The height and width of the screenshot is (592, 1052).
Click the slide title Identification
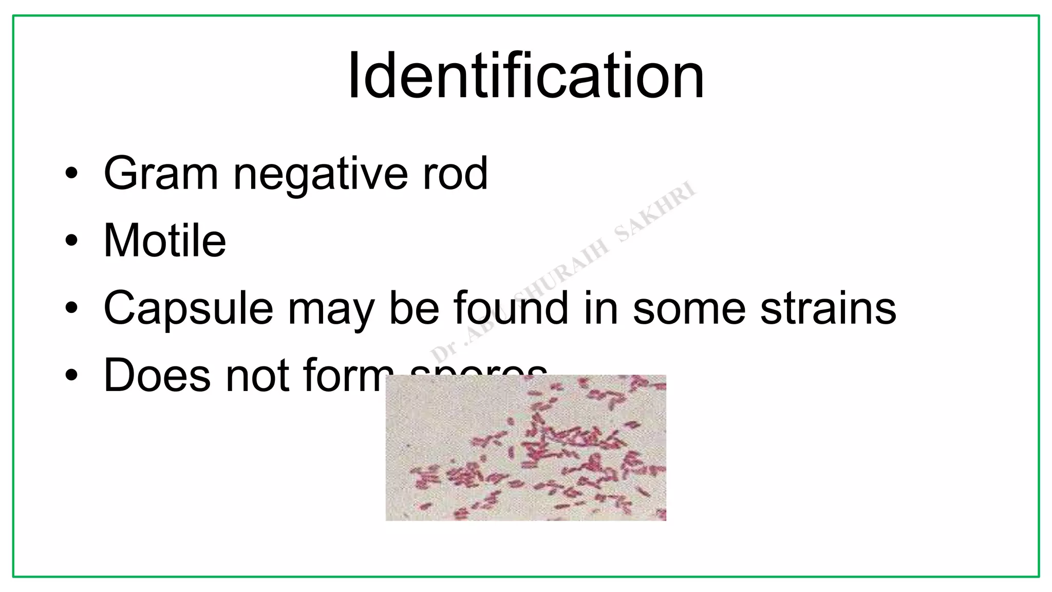click(525, 76)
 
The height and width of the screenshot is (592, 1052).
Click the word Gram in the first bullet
click(161, 174)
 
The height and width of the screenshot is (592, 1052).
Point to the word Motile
click(164, 240)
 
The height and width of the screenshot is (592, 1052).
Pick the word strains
click(828, 308)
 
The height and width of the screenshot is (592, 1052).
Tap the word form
click(349, 375)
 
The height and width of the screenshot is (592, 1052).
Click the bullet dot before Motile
click(72, 240)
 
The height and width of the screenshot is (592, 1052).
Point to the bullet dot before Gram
click(72, 174)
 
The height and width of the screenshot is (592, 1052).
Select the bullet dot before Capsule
click(72, 308)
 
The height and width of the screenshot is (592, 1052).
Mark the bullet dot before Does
click(72, 375)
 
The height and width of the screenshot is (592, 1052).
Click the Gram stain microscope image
click(525, 448)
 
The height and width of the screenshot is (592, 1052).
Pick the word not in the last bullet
click(258, 375)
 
